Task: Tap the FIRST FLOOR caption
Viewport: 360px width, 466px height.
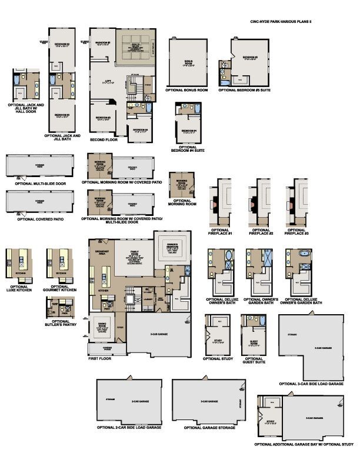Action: point(100,358)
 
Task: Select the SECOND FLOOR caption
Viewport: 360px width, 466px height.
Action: point(104,140)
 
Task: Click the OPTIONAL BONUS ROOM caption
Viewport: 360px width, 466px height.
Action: point(186,90)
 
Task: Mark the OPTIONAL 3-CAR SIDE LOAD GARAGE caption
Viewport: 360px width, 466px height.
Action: point(311,384)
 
